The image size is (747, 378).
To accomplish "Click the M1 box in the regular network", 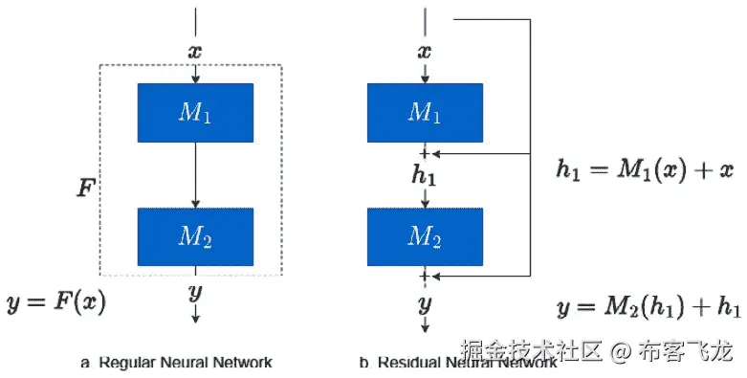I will click(x=195, y=113).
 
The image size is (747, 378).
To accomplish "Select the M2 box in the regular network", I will click(x=195, y=236).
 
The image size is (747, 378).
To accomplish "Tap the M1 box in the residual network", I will click(x=425, y=113).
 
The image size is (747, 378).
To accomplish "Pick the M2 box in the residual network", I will click(x=425, y=236).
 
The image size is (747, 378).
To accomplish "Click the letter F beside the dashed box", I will click(x=85, y=187).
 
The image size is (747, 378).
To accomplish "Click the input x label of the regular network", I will click(x=195, y=51).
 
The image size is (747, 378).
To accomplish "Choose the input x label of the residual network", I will click(x=425, y=51).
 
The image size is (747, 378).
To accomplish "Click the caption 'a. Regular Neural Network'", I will click(x=177, y=363).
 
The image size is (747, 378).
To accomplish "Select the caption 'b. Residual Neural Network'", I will click(x=457, y=364).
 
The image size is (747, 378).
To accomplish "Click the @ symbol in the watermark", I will click(x=621, y=352).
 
